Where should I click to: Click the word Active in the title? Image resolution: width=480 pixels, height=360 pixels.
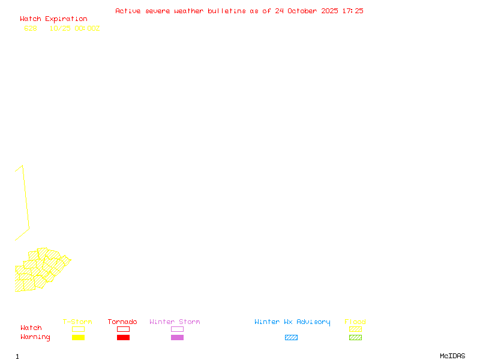pos(128,11)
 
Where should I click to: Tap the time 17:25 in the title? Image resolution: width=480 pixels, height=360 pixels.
pos(353,11)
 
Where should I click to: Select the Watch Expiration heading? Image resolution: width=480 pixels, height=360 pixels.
pos(53,19)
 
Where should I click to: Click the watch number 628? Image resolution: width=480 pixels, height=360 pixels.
pos(31,28)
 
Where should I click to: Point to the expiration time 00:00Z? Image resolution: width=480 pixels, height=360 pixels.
pos(87,28)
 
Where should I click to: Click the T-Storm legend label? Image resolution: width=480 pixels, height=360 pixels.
pos(77,322)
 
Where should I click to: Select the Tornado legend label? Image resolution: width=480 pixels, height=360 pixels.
pos(122,322)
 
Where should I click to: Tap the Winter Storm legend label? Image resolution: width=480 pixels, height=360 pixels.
pos(175,322)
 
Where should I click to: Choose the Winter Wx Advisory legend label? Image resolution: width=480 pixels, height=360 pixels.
pos(292,322)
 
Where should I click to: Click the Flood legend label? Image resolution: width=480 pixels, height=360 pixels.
pos(355,322)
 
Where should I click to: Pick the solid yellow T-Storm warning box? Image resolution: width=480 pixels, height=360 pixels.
pos(78,338)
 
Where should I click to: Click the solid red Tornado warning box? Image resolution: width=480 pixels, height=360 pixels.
pos(123,338)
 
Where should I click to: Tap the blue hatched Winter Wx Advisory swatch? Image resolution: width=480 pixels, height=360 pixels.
pos(291,338)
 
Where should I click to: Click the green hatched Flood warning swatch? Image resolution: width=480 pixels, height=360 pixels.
pos(355,338)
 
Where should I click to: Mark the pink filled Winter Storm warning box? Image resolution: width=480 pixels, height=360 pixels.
pos(177,338)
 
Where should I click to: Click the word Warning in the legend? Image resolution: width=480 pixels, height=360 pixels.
pos(35,337)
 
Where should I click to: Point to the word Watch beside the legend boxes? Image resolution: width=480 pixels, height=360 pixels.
pos(31,328)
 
